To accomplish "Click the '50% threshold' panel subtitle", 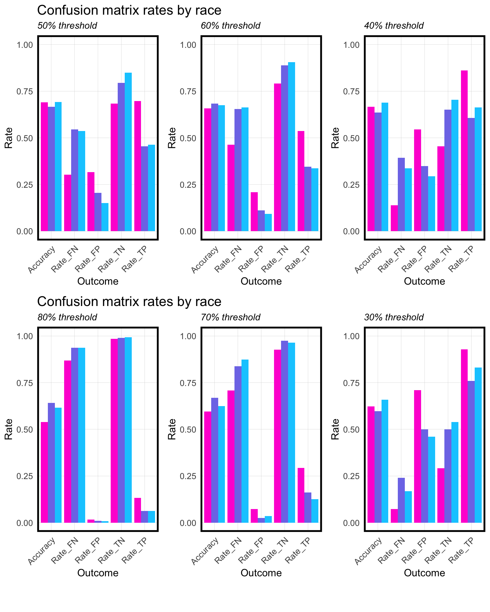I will click(67, 26).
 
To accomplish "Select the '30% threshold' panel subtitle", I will click(394, 317).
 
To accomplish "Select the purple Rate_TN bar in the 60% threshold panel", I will click(285, 148).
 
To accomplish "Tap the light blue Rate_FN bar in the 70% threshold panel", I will click(245, 441).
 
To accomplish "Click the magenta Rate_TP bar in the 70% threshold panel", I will click(301, 495).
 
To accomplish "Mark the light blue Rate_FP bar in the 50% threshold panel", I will click(105, 217).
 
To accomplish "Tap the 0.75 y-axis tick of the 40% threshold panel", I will click(351, 91).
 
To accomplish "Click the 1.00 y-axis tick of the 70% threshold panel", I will click(188, 336).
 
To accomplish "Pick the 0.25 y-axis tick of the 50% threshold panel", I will click(24, 185).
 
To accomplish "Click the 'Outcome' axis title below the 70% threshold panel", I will click(261, 573).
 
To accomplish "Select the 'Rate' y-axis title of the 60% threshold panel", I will click(172, 138).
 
